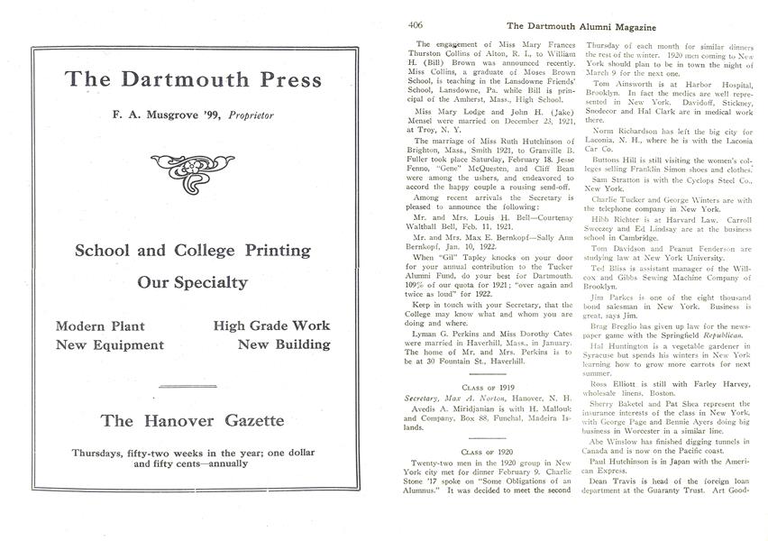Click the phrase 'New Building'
pyautogui.click(x=284, y=344)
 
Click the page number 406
pyautogui.click(x=416, y=25)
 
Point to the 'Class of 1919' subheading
pyautogui.click(x=490, y=383)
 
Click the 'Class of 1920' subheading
pyautogui.click(x=490, y=450)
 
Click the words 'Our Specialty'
pyautogui.click(x=193, y=282)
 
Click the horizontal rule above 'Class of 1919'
pyautogui.click(x=490, y=370)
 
